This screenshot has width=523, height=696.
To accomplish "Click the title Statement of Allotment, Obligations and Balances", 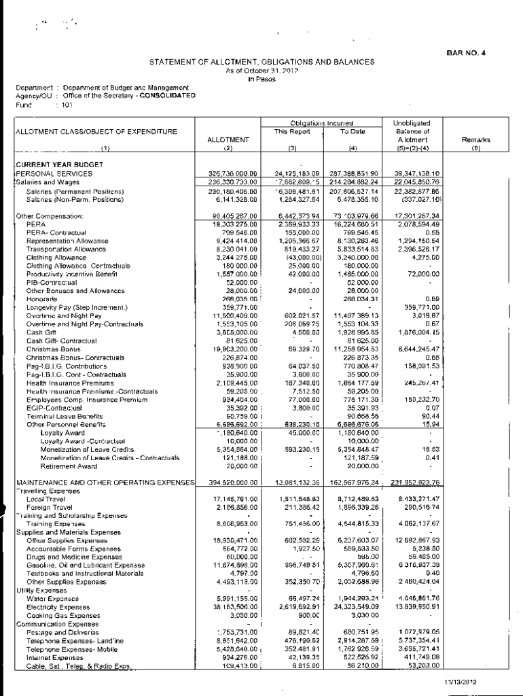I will tap(261, 62).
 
